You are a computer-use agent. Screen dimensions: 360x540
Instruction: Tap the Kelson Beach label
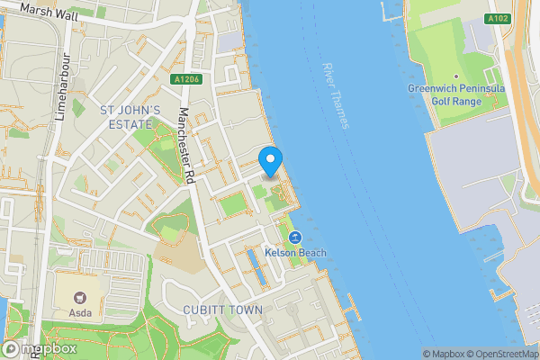coord(294,254)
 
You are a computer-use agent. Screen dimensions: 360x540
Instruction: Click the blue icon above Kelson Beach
coord(293,238)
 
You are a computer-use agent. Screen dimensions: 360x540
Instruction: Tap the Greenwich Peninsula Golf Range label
coord(456,94)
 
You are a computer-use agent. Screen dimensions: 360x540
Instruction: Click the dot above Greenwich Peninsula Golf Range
coord(456,76)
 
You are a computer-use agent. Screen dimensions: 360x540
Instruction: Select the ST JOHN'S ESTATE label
coord(130,117)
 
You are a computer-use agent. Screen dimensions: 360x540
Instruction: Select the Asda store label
coord(76,314)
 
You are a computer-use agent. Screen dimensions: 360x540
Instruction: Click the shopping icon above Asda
coord(76,298)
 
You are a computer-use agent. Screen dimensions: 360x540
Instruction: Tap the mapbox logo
coord(38,349)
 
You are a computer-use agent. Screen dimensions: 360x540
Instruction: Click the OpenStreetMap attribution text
coord(502,354)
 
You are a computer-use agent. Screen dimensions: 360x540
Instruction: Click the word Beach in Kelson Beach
coord(310,254)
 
